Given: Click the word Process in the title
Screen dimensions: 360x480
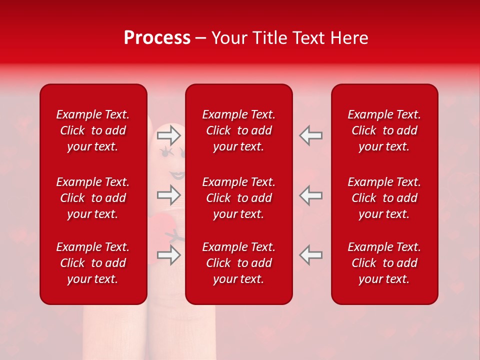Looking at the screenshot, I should [157, 38].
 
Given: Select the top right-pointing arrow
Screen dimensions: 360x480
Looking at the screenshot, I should [169, 135].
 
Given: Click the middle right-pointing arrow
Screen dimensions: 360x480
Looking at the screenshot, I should [169, 195].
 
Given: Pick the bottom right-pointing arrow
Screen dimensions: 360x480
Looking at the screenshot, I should [169, 255].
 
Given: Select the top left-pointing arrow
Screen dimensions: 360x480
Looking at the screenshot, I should [310, 135].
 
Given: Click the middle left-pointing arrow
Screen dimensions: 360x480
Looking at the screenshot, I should [310, 195].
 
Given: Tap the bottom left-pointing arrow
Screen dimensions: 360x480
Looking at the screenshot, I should [310, 255].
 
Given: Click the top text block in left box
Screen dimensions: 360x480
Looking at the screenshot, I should [93, 130].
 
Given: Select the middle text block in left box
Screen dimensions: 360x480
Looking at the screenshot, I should [93, 198].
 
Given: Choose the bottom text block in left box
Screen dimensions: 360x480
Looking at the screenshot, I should [93, 263].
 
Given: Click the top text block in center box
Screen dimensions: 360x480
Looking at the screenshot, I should [238, 130].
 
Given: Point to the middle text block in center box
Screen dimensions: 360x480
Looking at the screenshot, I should [238, 198].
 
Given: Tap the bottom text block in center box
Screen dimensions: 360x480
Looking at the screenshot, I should [238, 263].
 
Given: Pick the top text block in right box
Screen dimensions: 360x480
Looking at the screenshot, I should [384, 130].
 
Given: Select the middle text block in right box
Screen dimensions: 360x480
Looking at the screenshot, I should [384, 198].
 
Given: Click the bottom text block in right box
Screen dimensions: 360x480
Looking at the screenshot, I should [384, 263].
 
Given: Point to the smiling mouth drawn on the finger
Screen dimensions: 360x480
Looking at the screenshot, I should [177, 175].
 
